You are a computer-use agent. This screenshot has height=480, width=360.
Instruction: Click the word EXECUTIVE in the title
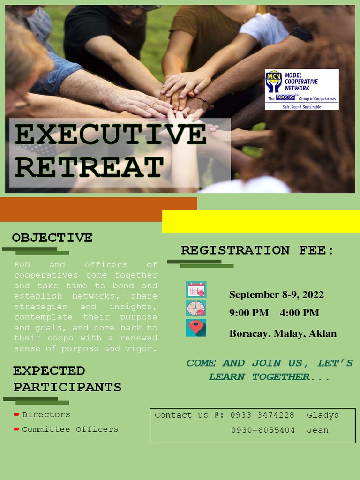(x=110, y=135)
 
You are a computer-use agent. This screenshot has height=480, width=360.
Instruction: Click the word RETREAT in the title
(x=89, y=167)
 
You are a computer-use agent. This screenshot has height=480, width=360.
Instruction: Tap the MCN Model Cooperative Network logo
(x=301, y=90)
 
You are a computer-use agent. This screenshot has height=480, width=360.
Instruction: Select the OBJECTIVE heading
(x=52, y=238)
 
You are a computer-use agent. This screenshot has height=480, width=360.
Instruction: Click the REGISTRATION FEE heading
(x=257, y=250)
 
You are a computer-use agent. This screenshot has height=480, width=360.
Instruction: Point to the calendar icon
(x=196, y=290)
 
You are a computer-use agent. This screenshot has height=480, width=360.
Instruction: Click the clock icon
(x=196, y=308)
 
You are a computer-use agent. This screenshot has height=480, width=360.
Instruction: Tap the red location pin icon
(x=196, y=327)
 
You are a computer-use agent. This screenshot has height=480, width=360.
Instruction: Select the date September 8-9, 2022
(x=276, y=295)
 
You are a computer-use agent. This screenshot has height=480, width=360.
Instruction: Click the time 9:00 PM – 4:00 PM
(x=274, y=313)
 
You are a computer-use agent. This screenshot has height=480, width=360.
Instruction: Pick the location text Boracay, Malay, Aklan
(x=283, y=334)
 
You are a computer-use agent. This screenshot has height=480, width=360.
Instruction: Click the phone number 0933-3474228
(x=262, y=415)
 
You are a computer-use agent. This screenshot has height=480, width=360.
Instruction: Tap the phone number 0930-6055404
(x=263, y=430)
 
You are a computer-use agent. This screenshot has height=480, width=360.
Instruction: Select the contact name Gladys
(x=322, y=415)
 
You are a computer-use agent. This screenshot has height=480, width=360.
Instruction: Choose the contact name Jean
(x=317, y=430)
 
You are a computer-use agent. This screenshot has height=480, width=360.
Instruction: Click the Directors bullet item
(x=46, y=415)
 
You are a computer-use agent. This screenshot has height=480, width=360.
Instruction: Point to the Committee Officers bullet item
(x=70, y=429)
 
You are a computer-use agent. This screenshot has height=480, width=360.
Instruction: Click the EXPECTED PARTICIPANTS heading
(x=67, y=379)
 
